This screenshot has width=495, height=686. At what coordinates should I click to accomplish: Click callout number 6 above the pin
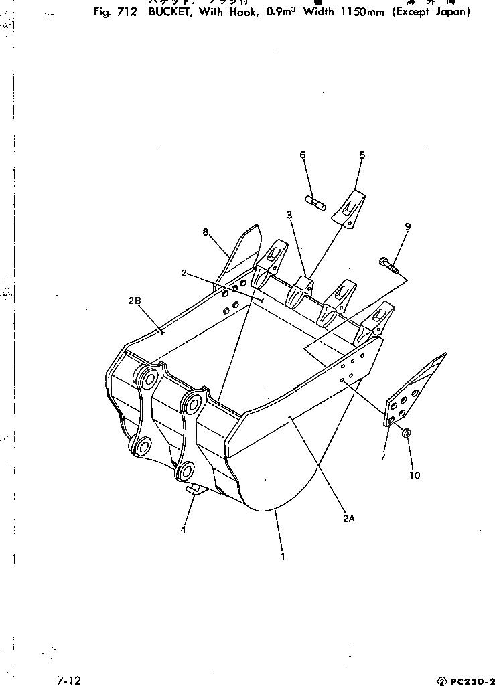click(x=302, y=155)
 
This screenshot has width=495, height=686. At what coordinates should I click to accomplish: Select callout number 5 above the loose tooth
click(x=362, y=155)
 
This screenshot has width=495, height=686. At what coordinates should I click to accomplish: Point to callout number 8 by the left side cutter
click(x=206, y=232)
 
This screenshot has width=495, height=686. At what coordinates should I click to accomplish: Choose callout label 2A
click(x=348, y=518)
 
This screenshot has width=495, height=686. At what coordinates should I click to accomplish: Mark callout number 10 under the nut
click(x=415, y=475)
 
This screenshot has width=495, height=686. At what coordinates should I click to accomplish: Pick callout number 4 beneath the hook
click(x=183, y=529)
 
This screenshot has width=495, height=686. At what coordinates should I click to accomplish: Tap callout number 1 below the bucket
click(x=283, y=556)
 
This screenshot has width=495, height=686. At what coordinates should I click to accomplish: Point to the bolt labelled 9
click(x=389, y=264)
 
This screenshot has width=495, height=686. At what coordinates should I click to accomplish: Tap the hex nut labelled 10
click(x=407, y=434)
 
